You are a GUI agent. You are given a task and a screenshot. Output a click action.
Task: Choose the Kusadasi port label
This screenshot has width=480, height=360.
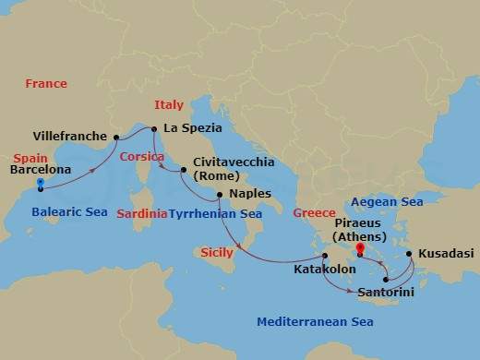(x=447, y=251)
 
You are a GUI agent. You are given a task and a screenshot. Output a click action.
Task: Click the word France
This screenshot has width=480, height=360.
(x=46, y=83)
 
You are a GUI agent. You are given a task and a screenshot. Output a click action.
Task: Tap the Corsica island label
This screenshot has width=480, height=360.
(x=141, y=157)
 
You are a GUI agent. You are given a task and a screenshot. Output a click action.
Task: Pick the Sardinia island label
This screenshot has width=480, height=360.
(x=142, y=213)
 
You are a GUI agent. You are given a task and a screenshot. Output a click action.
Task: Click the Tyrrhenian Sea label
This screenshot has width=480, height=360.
(x=210, y=213)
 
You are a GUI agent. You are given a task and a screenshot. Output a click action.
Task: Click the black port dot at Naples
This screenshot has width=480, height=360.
(x=219, y=195)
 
